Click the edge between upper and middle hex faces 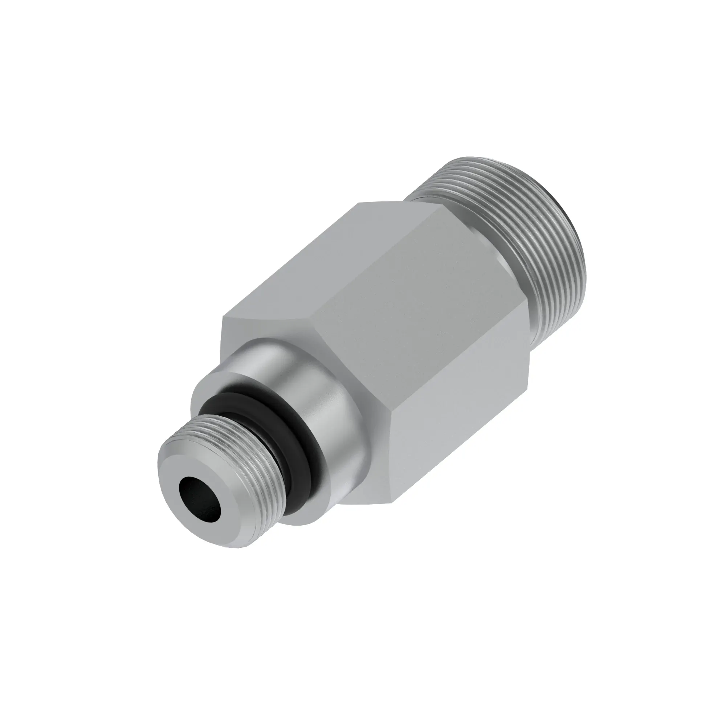[x=380, y=263]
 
